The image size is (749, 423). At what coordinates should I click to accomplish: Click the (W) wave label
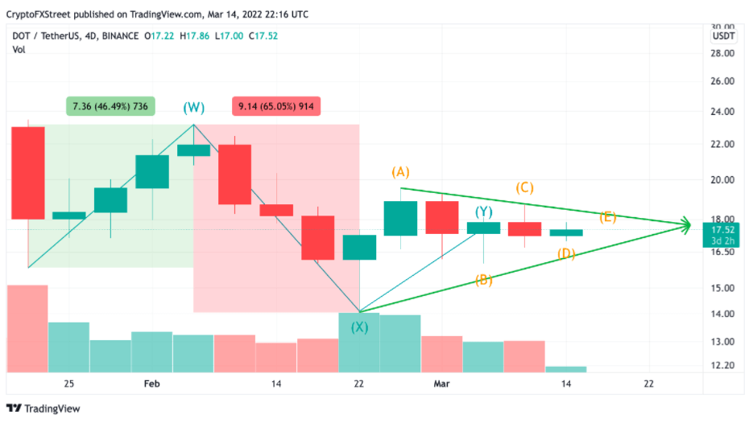(193, 107)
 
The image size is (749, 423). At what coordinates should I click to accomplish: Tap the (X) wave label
(359, 326)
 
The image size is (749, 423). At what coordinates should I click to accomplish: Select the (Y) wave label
(483, 212)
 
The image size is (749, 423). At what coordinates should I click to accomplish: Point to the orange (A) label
(401, 171)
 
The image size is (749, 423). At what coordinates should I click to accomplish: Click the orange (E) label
(608, 217)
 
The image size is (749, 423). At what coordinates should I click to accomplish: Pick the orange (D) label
(566, 254)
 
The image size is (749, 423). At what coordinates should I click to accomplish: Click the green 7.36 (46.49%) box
(110, 106)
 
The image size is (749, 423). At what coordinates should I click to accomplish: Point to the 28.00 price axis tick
(722, 53)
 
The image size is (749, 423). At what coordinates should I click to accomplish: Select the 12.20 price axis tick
(722, 365)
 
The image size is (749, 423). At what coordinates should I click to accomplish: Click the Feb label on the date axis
(152, 384)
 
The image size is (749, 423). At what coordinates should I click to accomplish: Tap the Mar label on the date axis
(441, 384)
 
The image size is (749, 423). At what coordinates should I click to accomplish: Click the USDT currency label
(723, 36)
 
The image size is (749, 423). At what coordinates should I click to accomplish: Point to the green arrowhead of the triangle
(685, 225)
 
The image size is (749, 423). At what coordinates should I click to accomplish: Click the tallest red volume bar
(28, 328)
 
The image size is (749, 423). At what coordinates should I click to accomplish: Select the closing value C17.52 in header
(266, 36)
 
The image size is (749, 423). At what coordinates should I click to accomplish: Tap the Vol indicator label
(19, 50)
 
